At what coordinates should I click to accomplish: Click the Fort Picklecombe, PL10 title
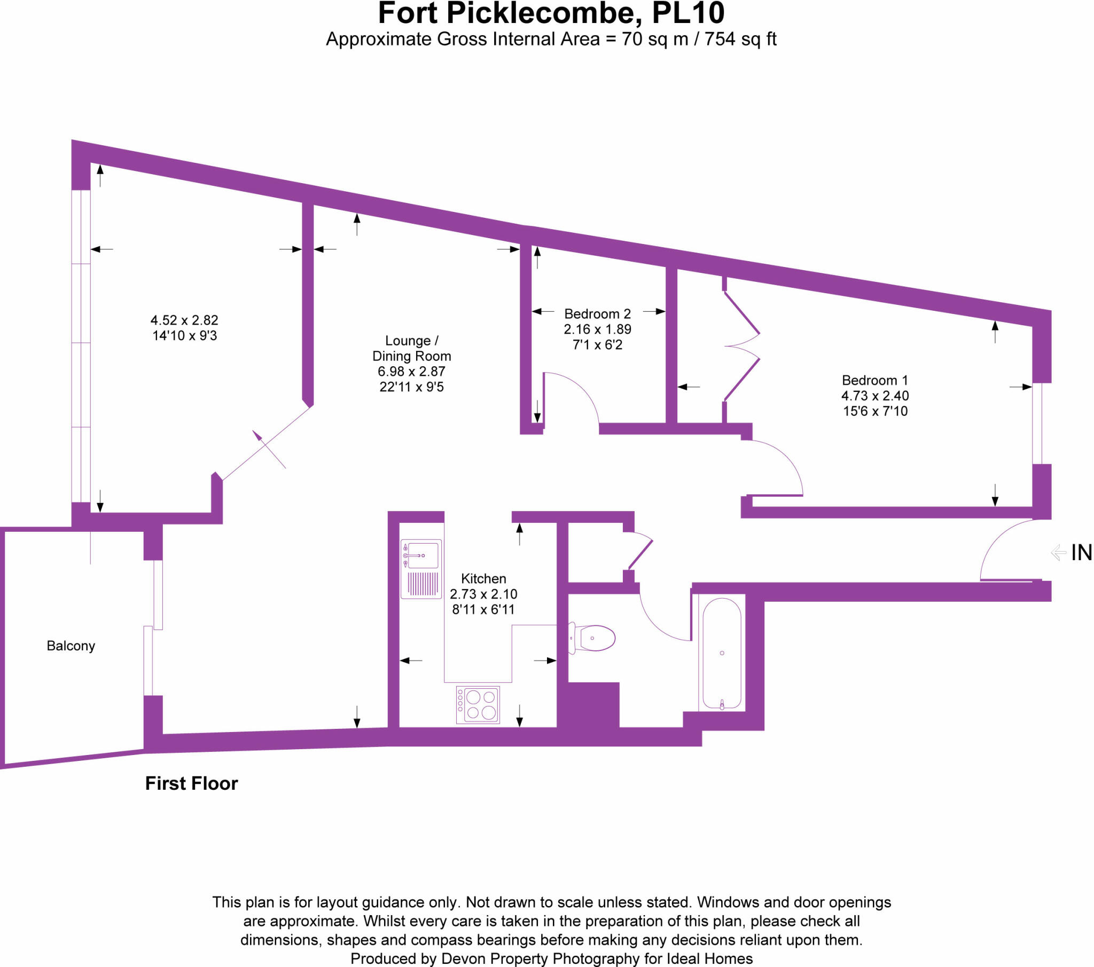(551, 14)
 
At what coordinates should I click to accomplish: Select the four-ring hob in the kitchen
(478, 705)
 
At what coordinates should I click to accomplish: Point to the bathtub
(722, 654)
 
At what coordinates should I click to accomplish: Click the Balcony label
(71, 646)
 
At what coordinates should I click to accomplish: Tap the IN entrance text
(1081, 553)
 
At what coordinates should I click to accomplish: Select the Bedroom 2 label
(597, 314)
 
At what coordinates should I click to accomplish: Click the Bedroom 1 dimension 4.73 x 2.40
(875, 396)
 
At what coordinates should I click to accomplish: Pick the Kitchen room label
(483, 578)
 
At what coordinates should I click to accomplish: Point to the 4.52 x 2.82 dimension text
(184, 320)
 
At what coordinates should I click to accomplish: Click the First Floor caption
(191, 783)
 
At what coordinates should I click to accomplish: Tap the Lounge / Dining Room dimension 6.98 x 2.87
(411, 372)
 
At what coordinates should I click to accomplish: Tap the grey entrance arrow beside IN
(1058, 553)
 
